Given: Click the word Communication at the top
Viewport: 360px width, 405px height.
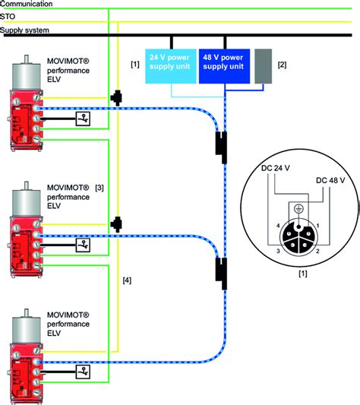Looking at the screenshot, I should pos(27,5).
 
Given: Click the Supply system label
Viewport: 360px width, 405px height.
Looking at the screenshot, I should pos(24,30).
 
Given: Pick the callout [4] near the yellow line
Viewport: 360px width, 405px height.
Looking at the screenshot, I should pos(127,280).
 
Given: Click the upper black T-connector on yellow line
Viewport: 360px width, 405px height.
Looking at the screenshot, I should pos(115,98).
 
